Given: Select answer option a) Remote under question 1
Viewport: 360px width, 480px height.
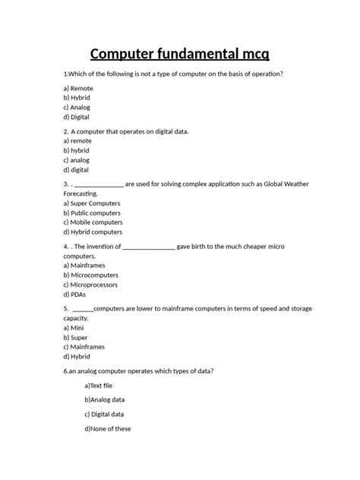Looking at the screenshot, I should click(x=79, y=89).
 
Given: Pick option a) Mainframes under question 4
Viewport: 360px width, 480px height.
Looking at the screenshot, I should click(x=85, y=266).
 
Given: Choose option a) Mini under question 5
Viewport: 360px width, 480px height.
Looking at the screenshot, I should click(x=74, y=328).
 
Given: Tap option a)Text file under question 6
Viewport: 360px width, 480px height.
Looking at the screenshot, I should click(x=99, y=386).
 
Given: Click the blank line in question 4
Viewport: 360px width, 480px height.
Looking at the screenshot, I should click(x=149, y=248).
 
